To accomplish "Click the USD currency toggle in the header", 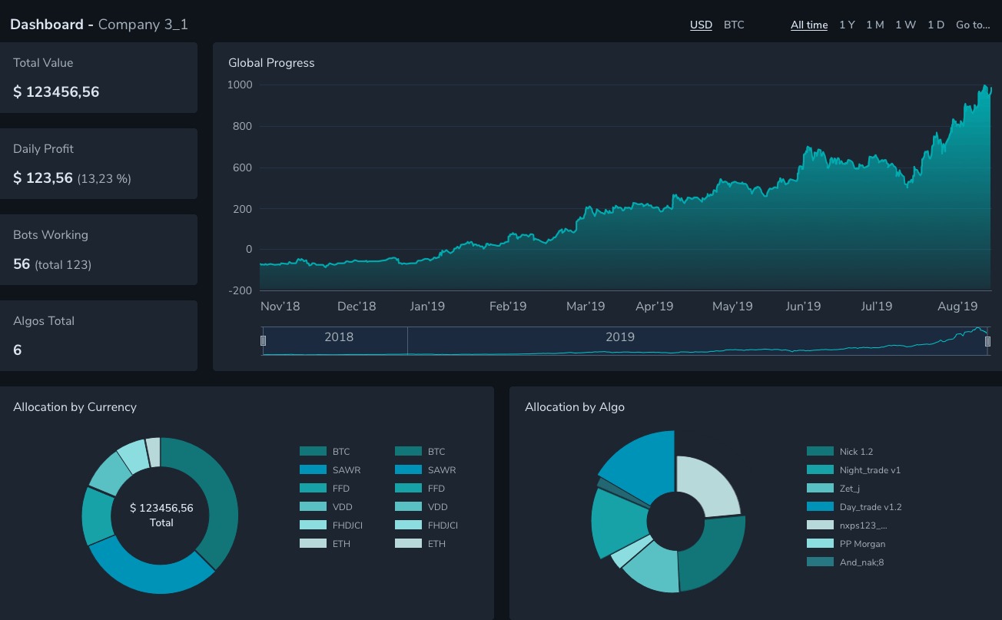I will [701, 25].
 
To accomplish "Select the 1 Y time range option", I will [847, 25].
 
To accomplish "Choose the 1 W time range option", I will [905, 25].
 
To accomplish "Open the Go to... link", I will [973, 25].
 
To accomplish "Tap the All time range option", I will [809, 25].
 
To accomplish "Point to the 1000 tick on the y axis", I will [240, 85].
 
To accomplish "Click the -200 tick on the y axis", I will [240, 290].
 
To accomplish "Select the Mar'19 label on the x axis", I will [586, 306].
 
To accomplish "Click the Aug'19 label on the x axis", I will [957, 306].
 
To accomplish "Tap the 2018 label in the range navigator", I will [339, 337].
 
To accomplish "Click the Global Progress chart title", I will [271, 63].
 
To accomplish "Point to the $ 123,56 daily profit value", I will [43, 178].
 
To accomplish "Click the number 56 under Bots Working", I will [22, 264].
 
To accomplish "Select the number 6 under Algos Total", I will [18, 350].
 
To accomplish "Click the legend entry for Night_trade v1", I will [870, 470].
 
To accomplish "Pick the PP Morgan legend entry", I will [862, 544].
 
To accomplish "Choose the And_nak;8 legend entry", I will [861, 562].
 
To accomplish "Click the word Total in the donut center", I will [161, 522].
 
